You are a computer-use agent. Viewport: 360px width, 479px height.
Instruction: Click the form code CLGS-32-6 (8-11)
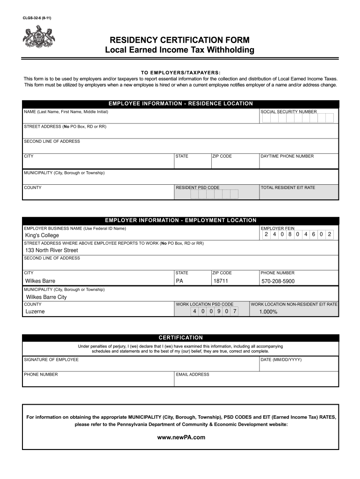(37, 18)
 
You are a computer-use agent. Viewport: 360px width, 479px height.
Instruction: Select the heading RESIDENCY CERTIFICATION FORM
(180, 40)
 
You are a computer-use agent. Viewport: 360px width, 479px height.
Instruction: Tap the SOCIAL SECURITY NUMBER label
(288, 112)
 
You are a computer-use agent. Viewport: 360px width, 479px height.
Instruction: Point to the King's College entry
(42, 235)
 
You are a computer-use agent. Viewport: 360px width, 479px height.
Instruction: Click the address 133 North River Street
(51, 250)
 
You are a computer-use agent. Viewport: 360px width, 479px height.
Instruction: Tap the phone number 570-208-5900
(278, 282)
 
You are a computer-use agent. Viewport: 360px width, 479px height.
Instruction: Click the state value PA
(180, 281)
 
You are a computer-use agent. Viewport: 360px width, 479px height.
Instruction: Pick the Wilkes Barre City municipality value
(46, 297)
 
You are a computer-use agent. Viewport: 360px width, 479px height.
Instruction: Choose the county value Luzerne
(35, 312)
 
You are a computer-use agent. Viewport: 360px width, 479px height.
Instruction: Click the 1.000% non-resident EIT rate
(268, 312)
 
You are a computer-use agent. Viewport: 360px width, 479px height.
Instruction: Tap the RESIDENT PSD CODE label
(197, 188)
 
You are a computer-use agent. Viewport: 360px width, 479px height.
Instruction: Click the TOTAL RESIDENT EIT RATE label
(288, 188)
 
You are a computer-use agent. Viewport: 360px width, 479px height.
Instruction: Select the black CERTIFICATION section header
(180, 337)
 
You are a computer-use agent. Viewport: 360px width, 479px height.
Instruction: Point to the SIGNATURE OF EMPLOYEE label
(51, 359)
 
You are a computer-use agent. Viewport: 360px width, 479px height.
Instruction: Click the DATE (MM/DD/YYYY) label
(281, 359)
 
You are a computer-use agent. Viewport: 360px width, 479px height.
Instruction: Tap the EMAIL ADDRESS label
(193, 374)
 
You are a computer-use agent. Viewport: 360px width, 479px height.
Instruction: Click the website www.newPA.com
(181, 437)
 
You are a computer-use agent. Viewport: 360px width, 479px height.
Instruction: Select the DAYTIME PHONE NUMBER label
(287, 156)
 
